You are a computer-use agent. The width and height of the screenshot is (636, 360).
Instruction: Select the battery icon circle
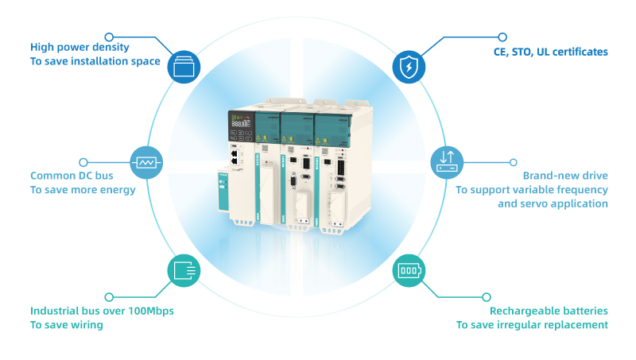409,270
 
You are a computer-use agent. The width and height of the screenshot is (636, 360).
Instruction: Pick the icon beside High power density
182,68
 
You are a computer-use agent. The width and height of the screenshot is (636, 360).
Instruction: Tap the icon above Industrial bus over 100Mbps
182,271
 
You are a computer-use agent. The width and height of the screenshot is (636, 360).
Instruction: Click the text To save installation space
95,61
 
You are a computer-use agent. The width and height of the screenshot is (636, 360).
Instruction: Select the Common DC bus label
74,176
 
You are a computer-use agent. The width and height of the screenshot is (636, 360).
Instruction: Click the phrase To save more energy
83,190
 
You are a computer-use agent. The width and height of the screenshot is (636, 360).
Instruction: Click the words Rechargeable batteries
549,311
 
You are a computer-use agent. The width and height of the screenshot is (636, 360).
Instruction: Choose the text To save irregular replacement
532,325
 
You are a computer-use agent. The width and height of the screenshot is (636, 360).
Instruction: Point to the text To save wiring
67,325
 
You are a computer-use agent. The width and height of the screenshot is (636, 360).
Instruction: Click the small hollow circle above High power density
109,36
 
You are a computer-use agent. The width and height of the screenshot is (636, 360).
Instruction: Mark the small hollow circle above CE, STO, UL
502,37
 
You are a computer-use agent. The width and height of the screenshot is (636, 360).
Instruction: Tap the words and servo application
553,204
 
